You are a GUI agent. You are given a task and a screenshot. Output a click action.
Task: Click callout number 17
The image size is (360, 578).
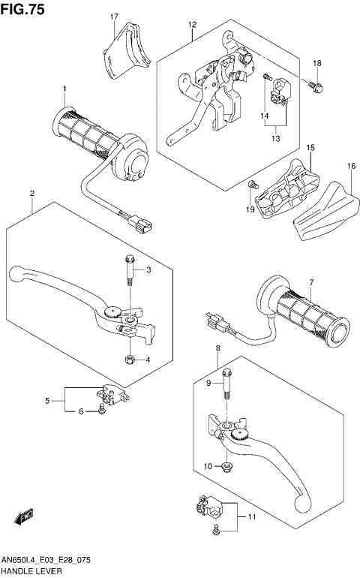115,17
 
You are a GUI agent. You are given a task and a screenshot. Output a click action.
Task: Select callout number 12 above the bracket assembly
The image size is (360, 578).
192,25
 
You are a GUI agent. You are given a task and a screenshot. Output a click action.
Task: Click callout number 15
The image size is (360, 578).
310,149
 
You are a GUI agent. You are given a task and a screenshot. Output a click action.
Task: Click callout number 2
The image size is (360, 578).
32,194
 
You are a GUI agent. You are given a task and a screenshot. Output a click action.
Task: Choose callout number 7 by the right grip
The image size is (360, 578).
309,283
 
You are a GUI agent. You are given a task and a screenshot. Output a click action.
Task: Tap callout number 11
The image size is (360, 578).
252,518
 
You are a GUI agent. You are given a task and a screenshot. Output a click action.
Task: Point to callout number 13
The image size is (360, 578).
274,137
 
